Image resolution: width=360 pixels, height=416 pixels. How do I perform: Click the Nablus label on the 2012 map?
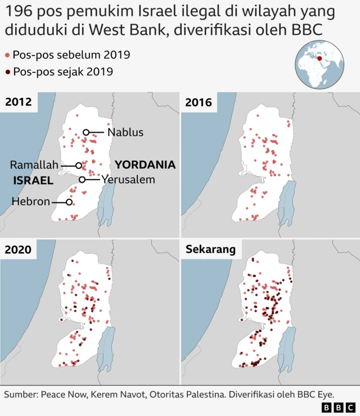coord(125,133)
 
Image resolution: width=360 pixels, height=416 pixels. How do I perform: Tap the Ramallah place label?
coord(34,165)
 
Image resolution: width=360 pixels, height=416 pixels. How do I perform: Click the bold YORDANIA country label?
coord(145,165)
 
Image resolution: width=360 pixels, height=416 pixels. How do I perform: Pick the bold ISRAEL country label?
coord(33,181)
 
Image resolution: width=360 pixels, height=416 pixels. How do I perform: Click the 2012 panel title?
coord(19,102)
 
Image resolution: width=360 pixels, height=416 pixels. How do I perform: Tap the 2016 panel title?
coord(199,102)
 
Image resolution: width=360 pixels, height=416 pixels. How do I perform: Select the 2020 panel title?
coord(19,249)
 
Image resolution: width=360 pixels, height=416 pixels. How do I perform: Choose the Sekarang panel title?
coord(211,249)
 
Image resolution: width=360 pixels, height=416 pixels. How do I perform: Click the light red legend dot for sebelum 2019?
coord(7,55)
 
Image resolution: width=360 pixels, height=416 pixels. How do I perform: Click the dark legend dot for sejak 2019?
coord(7,72)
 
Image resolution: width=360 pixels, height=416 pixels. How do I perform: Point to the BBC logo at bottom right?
coord(338,406)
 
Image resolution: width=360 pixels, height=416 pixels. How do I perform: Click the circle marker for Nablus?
coord(86,133)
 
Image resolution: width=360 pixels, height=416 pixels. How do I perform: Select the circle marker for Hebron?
coord(69,202)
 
